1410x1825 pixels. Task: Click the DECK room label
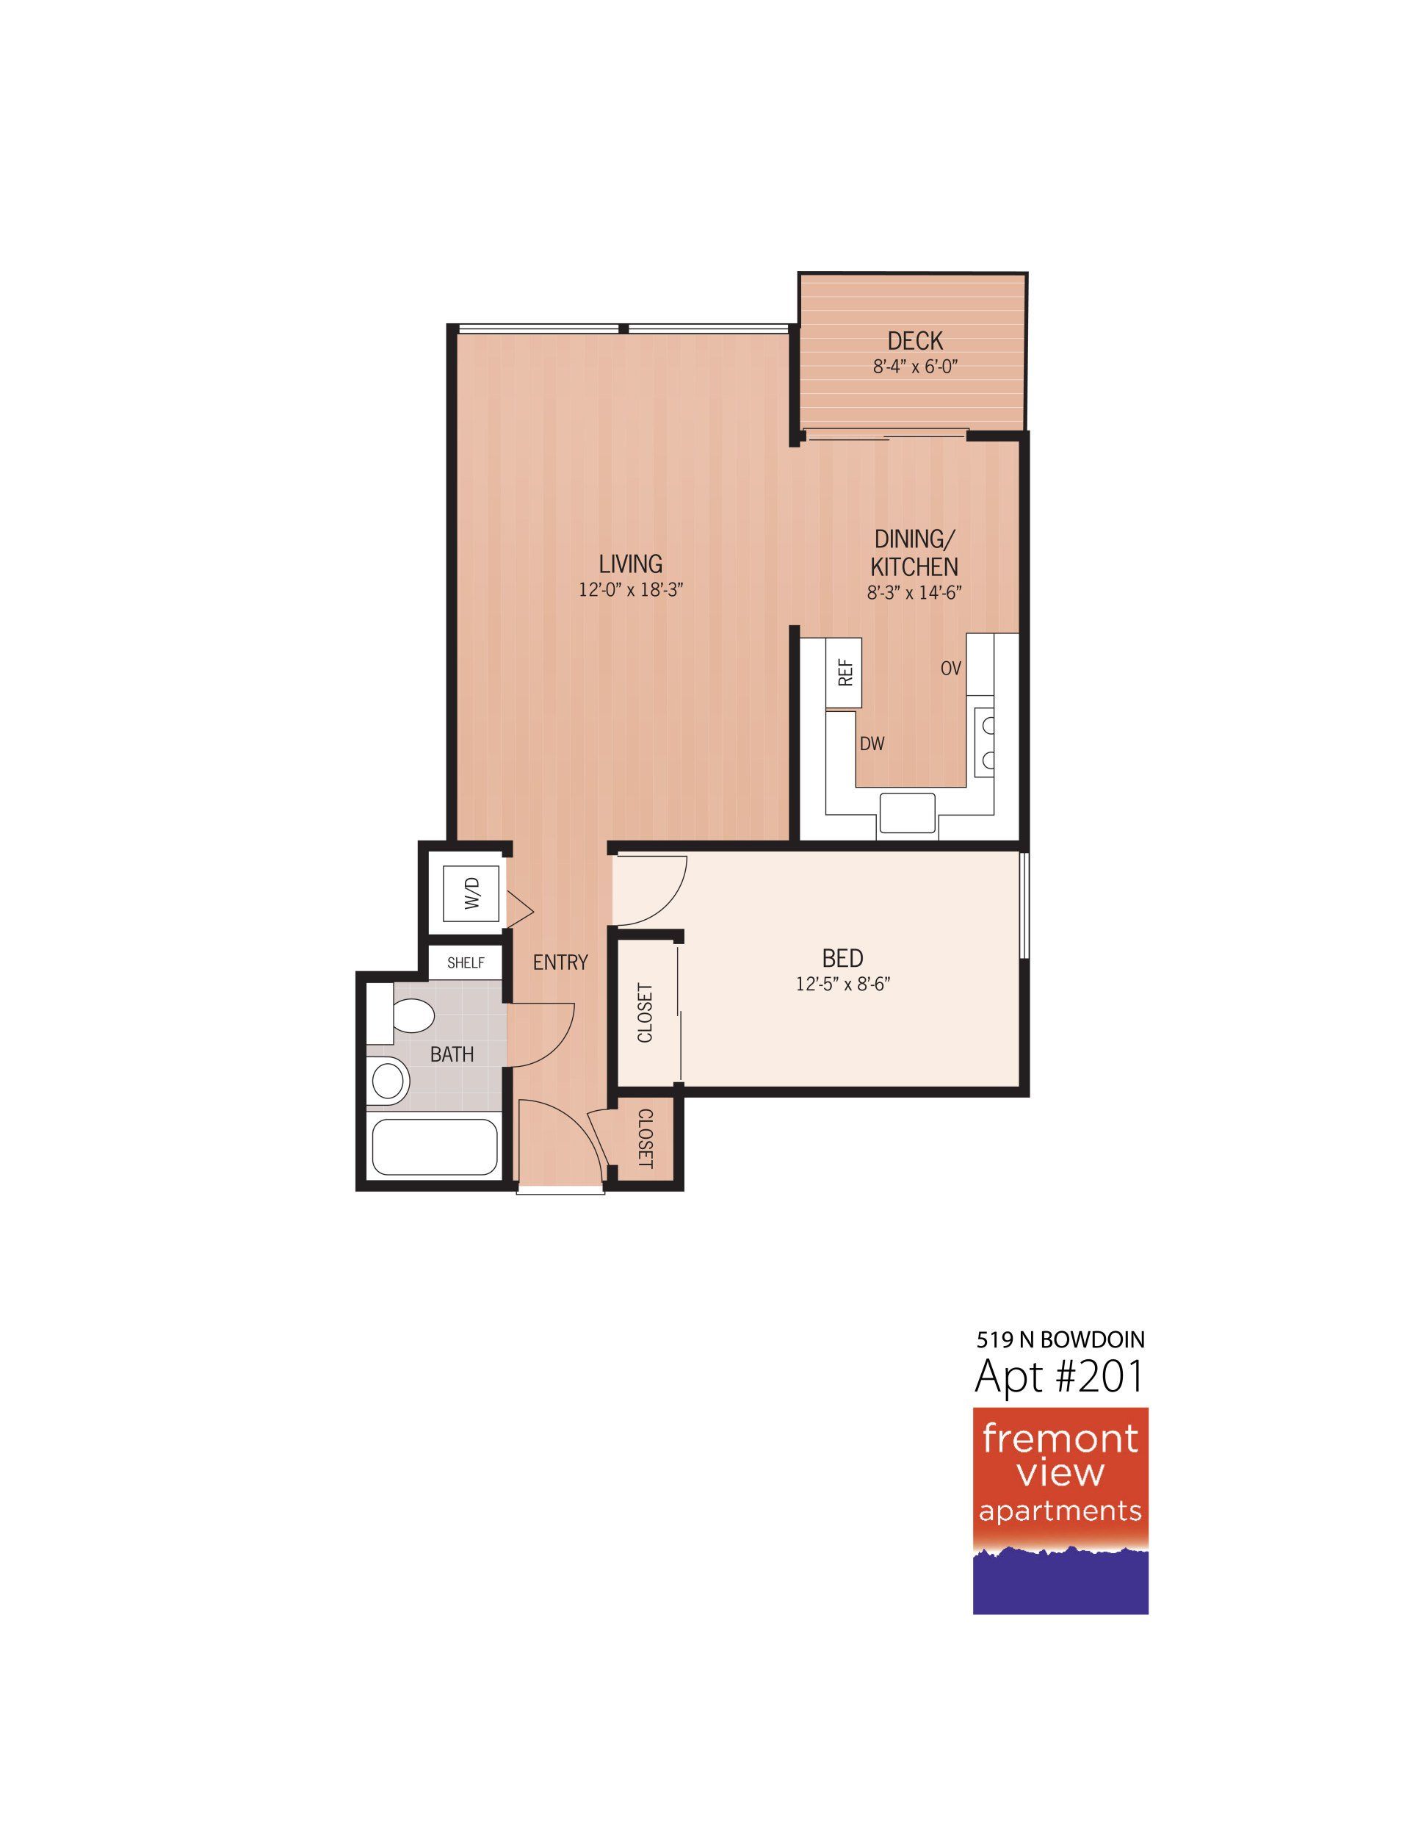914,341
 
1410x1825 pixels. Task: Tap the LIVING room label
631,564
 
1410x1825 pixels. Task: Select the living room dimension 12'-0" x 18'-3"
631,590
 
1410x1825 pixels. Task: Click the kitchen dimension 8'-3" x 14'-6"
914,592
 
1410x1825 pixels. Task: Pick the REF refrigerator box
844,673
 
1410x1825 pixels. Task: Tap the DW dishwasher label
872,744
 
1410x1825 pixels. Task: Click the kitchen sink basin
907,813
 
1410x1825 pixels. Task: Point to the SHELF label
466,962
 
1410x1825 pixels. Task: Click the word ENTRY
560,962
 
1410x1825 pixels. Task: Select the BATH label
452,1054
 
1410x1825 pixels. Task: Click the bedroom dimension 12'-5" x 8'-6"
843,985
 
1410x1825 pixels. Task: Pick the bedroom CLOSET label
645,1012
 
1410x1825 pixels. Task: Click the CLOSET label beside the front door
646,1138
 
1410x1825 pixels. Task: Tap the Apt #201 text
1058,1376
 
